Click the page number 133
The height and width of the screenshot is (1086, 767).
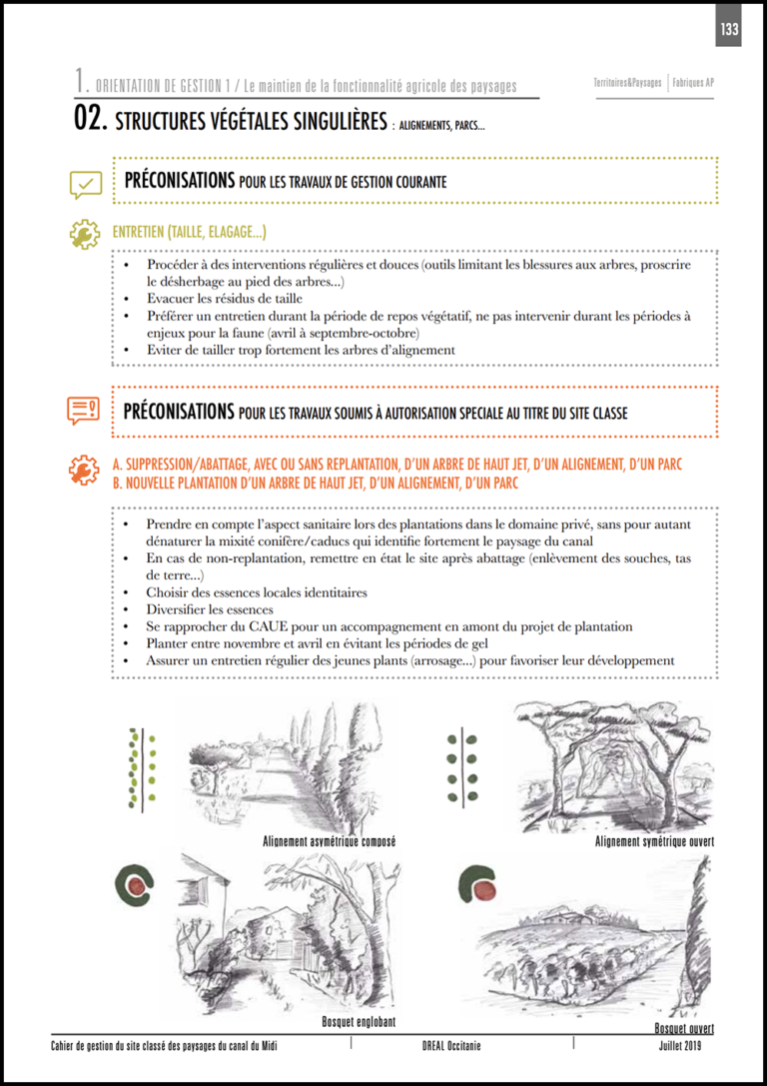(728, 29)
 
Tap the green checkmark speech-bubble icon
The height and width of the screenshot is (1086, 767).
(85, 184)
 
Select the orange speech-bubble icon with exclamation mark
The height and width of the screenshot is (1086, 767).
(84, 410)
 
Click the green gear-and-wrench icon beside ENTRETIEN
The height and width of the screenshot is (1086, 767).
(84, 234)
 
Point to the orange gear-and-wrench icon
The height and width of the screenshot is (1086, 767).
(84, 471)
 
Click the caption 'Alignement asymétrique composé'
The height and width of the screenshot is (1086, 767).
(330, 841)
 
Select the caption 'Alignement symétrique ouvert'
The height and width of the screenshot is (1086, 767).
(654, 841)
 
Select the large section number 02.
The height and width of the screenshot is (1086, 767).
(91, 121)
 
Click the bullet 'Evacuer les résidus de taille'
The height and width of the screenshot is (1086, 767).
(224, 299)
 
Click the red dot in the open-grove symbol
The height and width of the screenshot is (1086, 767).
(483, 888)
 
